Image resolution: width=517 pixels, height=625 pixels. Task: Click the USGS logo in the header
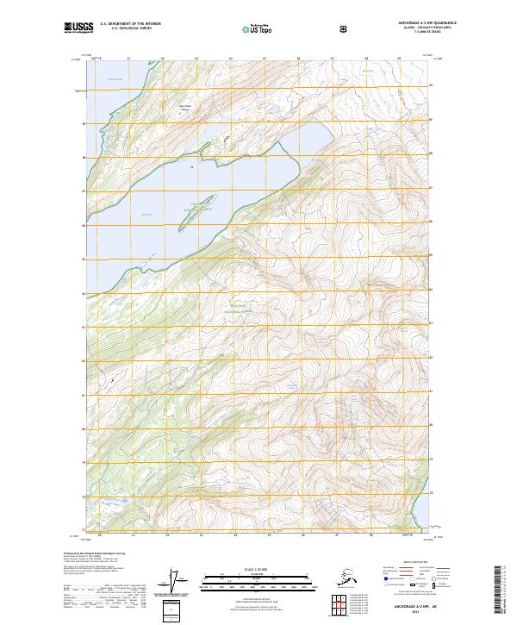pyautogui.click(x=77, y=28)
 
